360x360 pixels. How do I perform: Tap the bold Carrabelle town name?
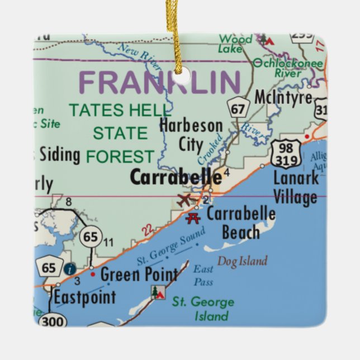(x=176, y=177)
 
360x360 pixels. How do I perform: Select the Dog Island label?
(x=242, y=261)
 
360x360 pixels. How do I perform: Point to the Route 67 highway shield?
(x=238, y=108)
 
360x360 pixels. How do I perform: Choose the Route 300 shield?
(x=53, y=320)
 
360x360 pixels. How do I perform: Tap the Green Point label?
(x=139, y=274)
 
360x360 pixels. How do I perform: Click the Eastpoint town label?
(x=85, y=297)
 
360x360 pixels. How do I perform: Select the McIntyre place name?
(x=283, y=97)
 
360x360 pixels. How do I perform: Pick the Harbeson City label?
(x=191, y=135)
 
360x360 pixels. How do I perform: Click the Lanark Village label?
(x=295, y=187)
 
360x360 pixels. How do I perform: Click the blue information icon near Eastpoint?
(x=69, y=269)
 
